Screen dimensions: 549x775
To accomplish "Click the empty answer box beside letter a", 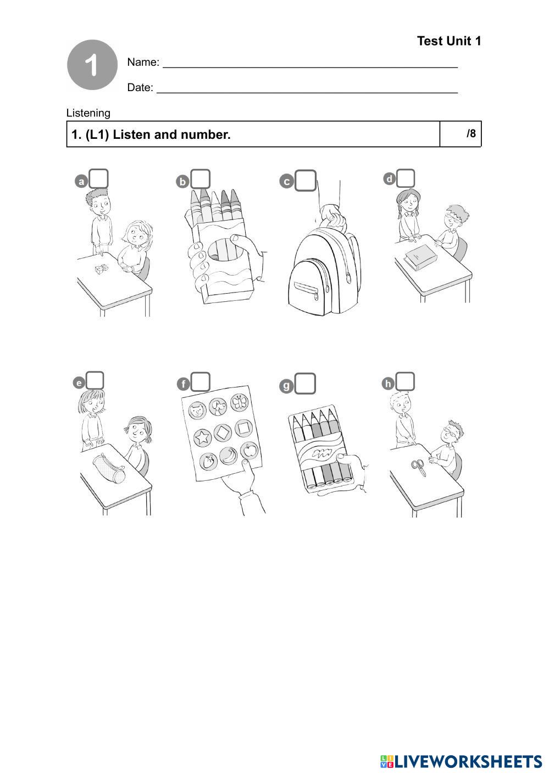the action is pos(99,178).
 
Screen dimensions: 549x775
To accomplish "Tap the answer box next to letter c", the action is pos(305,180).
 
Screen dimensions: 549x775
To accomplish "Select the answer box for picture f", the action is pos(201,381).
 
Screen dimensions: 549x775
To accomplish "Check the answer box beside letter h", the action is pos(405,381).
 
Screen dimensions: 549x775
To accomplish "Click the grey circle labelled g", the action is pos(286,386).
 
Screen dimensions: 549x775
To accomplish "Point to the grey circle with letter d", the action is pos(389,178).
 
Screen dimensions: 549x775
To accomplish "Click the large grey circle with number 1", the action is pos(92,65).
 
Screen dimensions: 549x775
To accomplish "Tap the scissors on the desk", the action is pos(418,466).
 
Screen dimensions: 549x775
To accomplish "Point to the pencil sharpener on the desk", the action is pos(101,269).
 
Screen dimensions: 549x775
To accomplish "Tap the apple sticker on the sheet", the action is pos(249,451).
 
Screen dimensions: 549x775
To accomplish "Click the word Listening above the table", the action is pos(88,113).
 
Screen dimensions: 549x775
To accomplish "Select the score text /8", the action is pos(471,133).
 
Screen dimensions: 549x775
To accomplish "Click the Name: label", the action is pos(143,62).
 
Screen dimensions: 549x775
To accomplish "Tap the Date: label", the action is pos(140,87).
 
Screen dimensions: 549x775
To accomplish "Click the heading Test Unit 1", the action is pos(448,41).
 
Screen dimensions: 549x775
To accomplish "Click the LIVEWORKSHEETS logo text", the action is pos(467,761).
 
